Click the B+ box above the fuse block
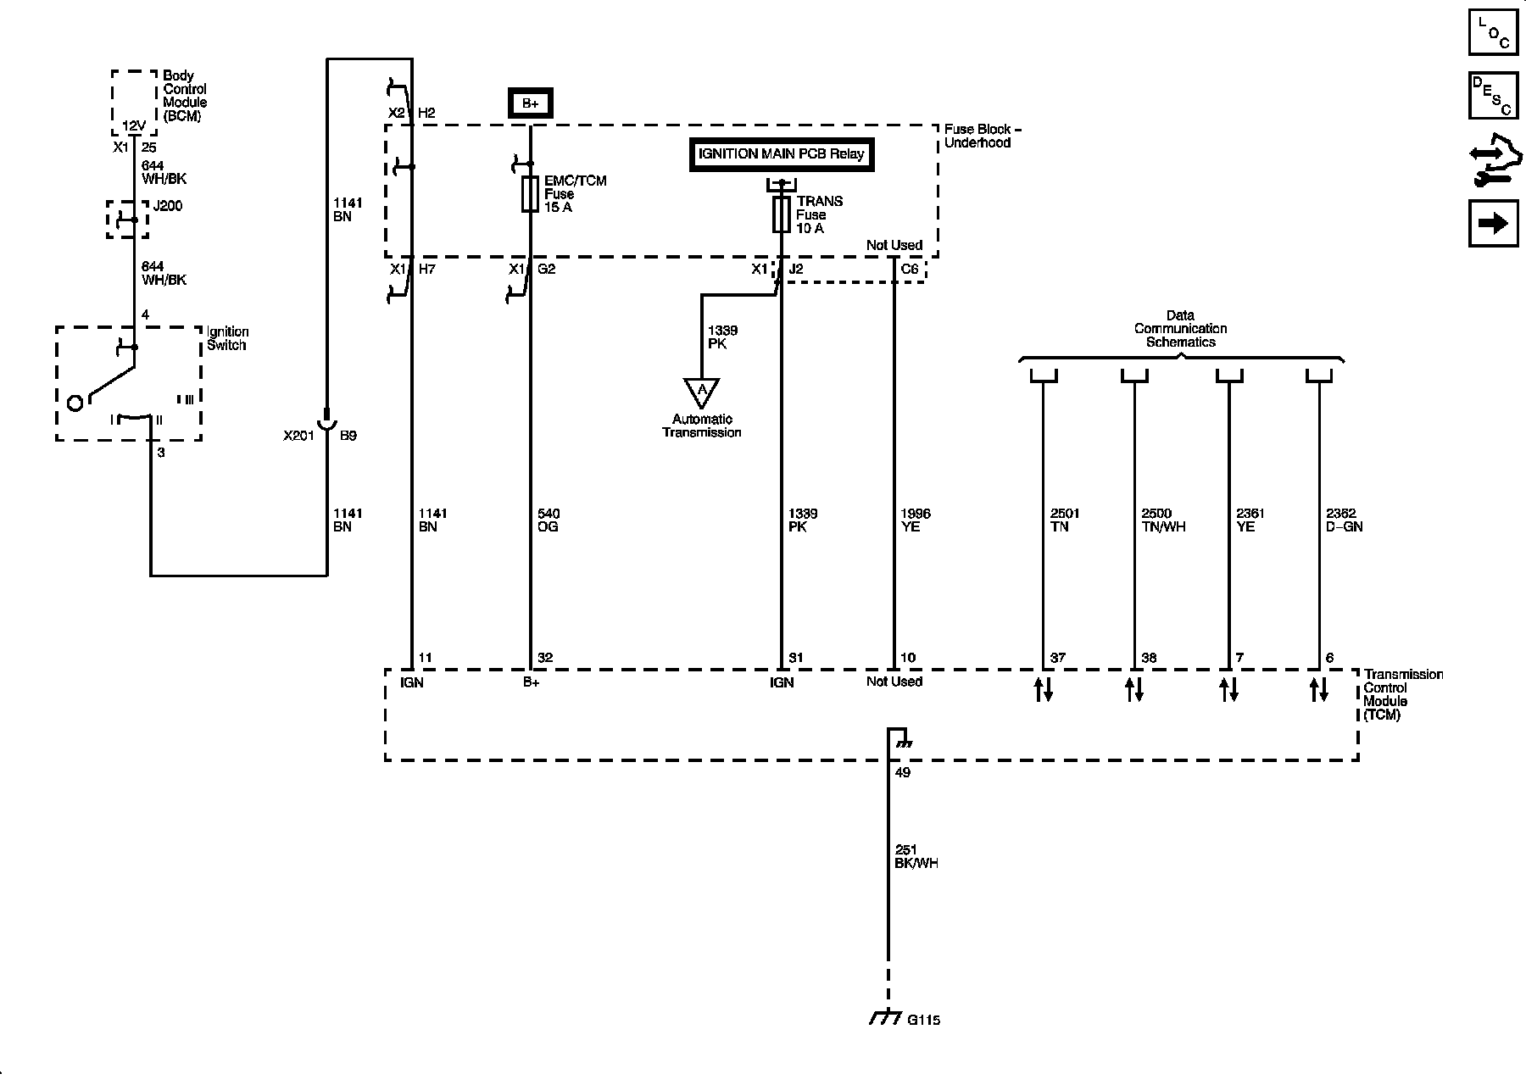[530, 103]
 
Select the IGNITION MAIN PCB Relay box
[780, 154]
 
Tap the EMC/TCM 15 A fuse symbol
[530, 194]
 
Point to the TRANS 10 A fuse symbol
[781, 215]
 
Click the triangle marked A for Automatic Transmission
[701, 392]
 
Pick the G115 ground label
[923, 1020]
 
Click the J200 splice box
[128, 220]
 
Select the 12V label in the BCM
[133, 125]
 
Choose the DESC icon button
[1493, 96]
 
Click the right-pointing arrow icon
[1493, 223]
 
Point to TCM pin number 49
[902, 772]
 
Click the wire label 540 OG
[549, 520]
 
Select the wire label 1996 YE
[915, 520]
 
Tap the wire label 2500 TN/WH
[1163, 520]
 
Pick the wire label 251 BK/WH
[916, 856]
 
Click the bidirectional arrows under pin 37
[1043, 689]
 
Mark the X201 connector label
[298, 436]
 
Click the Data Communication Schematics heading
[1180, 329]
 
